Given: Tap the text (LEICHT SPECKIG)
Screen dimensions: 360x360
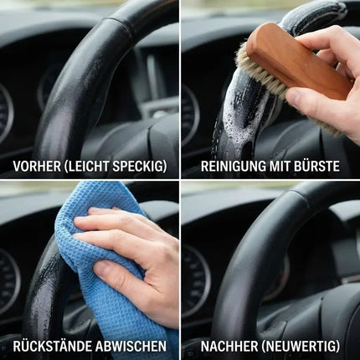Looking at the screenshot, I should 115,166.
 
